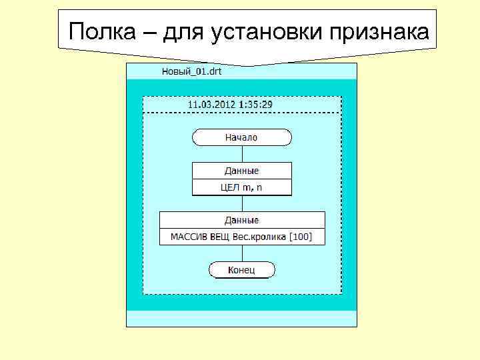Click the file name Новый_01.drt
[192, 71]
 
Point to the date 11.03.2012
[209, 105]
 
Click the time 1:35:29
[254, 105]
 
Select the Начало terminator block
[241, 137]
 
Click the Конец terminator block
[241, 270]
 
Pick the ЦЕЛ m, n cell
[241, 187]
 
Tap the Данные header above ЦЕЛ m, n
[241, 171]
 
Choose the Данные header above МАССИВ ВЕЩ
[241, 220]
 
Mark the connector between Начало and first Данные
[242, 154]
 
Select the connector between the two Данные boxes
[242, 203]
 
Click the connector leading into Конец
[242, 253]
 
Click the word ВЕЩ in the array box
[221, 237]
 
